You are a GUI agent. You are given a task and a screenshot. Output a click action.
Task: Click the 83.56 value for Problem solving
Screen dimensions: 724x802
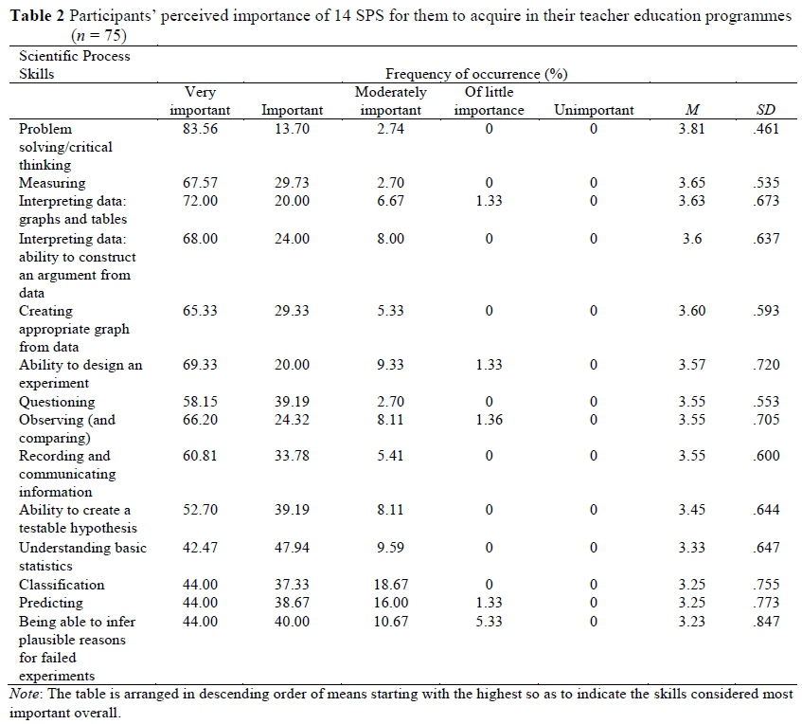pos(200,129)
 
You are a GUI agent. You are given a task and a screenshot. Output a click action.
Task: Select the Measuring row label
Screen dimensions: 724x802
pos(52,183)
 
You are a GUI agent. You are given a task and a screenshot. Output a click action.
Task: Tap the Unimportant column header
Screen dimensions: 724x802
pos(594,110)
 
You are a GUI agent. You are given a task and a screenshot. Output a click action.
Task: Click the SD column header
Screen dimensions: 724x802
pos(766,110)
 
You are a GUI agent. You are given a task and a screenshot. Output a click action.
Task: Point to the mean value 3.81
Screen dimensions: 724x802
pos(691,129)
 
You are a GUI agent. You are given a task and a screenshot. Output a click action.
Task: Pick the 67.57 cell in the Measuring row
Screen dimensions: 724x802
pos(200,183)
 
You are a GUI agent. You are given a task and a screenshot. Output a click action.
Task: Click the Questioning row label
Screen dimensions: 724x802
pos(57,402)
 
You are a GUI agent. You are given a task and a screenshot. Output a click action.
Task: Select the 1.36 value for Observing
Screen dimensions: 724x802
pos(489,420)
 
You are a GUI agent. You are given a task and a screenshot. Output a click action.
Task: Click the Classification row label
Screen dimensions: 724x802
pos(62,585)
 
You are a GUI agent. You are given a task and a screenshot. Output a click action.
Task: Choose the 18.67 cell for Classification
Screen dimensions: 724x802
pos(390,585)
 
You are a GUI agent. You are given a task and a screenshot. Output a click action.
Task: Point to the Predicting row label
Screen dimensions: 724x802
pos(51,603)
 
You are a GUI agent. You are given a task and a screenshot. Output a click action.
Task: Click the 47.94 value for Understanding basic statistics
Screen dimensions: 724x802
pos(292,548)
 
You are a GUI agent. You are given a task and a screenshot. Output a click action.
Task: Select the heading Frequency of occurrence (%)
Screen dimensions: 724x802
pos(476,73)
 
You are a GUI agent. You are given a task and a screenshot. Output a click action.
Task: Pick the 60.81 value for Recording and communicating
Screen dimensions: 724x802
pos(200,457)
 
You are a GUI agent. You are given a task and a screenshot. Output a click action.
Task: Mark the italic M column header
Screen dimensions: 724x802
pos(691,110)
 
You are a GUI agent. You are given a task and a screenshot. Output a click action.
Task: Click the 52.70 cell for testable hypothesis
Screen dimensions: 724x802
pos(200,511)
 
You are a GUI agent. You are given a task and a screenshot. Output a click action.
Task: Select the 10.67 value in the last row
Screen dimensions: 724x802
pos(390,621)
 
